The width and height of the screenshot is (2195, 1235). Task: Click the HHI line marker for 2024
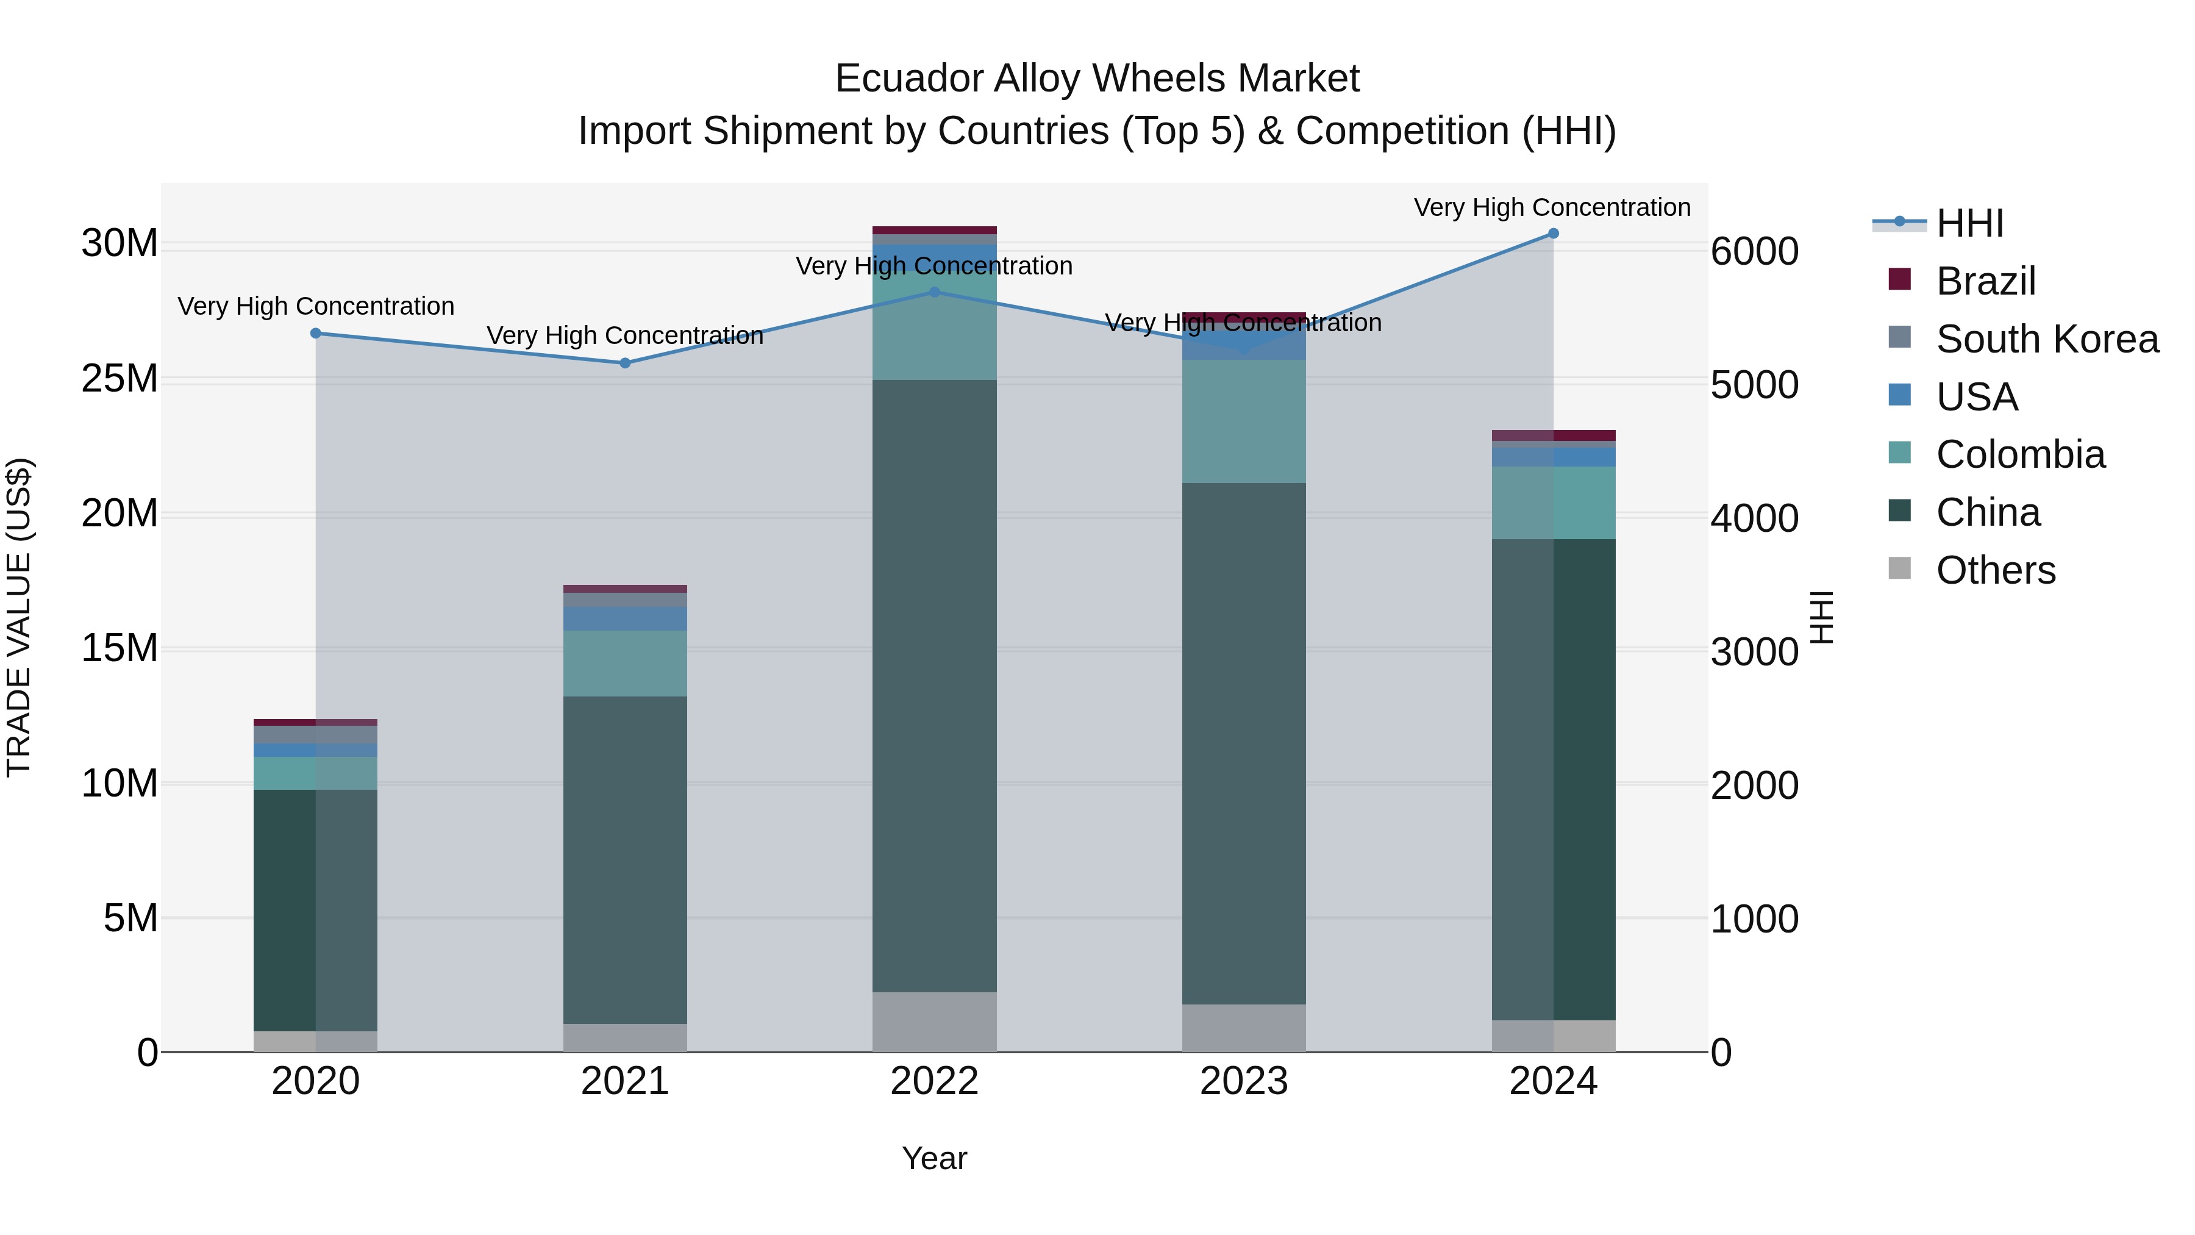tap(1552, 234)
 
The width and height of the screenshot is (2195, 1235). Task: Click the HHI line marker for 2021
tap(624, 363)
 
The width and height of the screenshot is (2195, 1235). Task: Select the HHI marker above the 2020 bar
tap(315, 333)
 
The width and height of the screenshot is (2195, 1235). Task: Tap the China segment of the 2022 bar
tap(934, 686)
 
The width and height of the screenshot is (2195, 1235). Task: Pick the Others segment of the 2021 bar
tap(624, 1037)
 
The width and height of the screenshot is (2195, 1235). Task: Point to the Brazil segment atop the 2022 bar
tap(934, 230)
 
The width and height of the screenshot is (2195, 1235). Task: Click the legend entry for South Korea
tap(2047, 339)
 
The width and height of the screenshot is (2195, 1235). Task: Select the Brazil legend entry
tap(1985, 281)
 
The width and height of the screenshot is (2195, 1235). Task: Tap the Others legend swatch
tap(1899, 568)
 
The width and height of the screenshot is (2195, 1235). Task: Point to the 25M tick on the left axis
tap(120, 378)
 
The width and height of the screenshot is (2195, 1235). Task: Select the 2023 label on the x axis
tap(1243, 1081)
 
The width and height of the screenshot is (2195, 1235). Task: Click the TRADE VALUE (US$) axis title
tap(19, 617)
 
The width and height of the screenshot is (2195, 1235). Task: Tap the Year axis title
tap(934, 1158)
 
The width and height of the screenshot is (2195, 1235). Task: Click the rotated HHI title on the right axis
tap(1821, 617)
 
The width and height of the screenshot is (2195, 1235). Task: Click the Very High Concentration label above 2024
tap(1552, 207)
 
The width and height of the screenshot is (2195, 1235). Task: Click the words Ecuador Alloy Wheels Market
tap(1097, 79)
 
